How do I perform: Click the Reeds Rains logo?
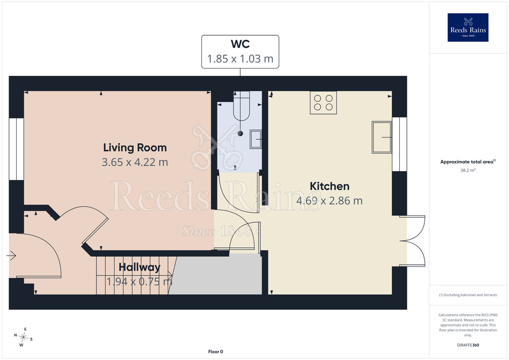click(468, 27)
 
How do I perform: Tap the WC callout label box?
click(240, 52)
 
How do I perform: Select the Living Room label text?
click(135, 148)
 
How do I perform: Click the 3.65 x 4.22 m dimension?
click(135, 162)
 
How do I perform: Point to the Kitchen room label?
click(329, 186)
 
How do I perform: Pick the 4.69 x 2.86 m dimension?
click(329, 201)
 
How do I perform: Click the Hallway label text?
click(139, 267)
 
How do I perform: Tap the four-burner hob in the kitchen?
click(323, 103)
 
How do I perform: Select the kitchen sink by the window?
click(382, 137)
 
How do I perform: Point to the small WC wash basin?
click(256, 139)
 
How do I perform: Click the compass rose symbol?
click(23, 337)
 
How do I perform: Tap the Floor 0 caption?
click(216, 352)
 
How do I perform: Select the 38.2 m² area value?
click(468, 170)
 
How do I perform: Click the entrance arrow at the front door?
click(11, 256)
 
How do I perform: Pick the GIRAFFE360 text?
click(468, 345)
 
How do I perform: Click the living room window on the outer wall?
click(16, 149)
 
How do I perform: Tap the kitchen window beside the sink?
click(399, 144)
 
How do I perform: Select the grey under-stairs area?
click(217, 274)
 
